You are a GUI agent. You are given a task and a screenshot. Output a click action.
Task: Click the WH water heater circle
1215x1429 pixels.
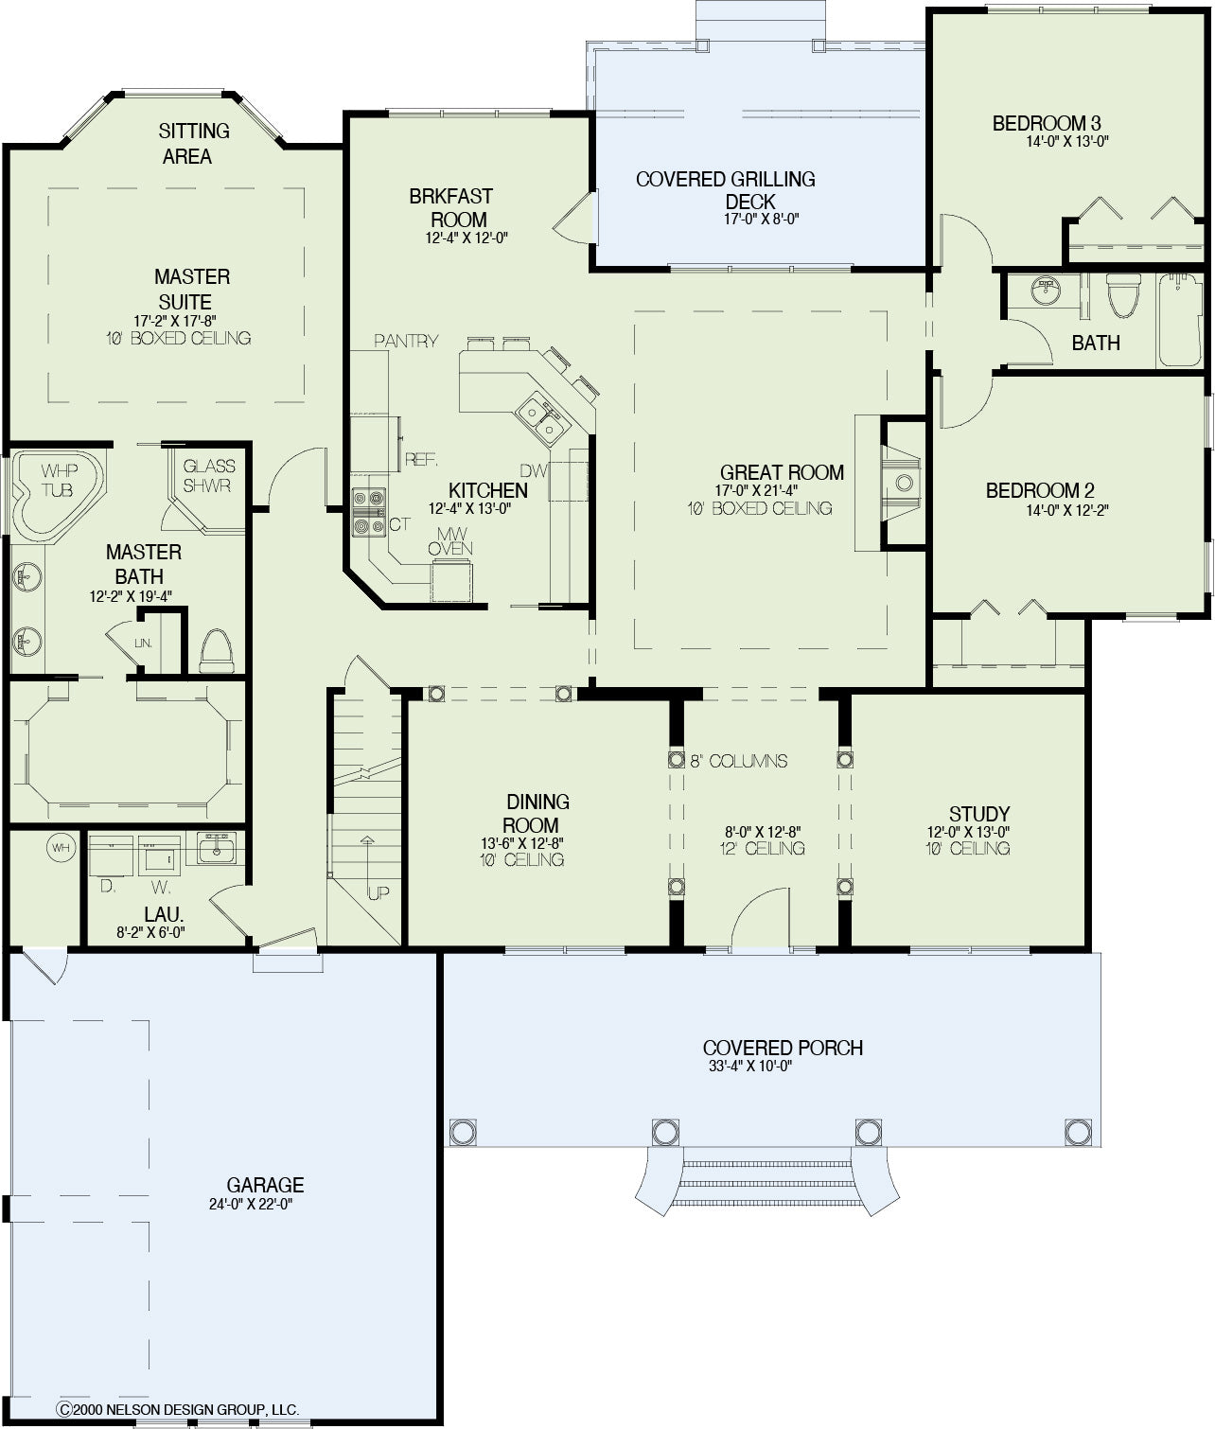(x=62, y=848)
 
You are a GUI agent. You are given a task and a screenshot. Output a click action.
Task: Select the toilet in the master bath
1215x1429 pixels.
(x=217, y=650)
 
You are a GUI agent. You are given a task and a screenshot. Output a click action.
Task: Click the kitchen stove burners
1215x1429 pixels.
(x=368, y=512)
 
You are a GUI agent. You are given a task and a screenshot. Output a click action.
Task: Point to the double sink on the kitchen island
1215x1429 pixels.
(x=540, y=418)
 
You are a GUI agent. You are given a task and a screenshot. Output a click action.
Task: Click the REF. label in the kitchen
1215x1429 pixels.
(x=421, y=459)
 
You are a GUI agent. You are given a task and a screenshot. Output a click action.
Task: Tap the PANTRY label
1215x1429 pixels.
(x=406, y=341)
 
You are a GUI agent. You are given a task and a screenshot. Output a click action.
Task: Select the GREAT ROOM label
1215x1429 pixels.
(x=782, y=473)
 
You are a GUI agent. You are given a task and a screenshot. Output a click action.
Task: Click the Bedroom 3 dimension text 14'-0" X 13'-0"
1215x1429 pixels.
(x=1067, y=142)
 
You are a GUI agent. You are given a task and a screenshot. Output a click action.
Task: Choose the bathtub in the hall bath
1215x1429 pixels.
(x=1182, y=320)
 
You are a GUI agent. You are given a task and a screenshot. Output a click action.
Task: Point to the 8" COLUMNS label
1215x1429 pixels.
(x=739, y=761)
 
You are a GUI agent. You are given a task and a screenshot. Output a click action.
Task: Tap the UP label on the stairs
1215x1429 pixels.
(x=379, y=893)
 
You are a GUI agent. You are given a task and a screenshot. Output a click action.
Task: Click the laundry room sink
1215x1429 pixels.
(x=217, y=848)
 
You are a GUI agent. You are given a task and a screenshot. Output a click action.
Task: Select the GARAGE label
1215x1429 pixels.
(x=265, y=1185)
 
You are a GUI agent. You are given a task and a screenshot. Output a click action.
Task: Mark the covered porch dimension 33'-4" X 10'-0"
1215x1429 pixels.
(x=749, y=1066)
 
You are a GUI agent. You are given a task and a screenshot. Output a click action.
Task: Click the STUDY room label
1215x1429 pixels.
(x=979, y=814)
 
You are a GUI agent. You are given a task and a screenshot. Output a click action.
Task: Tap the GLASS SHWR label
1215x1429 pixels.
(x=209, y=476)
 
